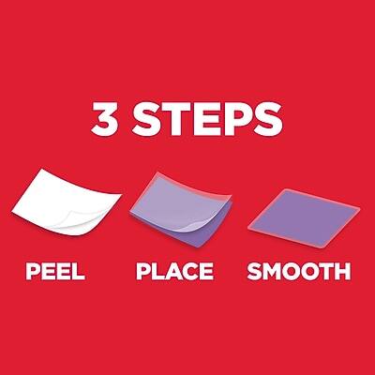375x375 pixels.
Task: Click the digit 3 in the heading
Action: tap(105, 118)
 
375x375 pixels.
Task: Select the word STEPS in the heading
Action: tap(207, 118)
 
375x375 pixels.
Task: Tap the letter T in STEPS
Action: tap(177, 118)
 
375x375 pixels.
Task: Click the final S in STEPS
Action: tap(268, 118)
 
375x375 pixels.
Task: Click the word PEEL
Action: tap(55, 271)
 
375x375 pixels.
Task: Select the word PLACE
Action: tap(175, 271)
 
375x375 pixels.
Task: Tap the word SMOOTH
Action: tap(299, 271)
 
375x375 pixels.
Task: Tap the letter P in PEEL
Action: tap(33, 272)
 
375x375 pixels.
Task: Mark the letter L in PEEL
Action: tap(79, 272)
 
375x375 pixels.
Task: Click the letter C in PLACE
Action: tap(190, 271)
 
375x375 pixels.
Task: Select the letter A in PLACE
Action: tap(173, 272)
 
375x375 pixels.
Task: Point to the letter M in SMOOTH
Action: tap(273, 272)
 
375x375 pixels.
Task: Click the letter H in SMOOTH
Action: tap(343, 272)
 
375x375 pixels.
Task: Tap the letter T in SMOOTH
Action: tap(327, 272)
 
